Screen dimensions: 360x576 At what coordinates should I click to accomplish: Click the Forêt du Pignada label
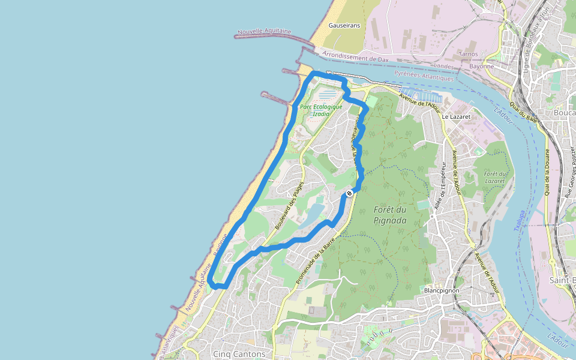point(390,215)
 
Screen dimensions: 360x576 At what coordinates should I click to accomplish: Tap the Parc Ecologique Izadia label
point(321,110)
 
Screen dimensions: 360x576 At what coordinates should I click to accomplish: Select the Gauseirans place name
point(344,25)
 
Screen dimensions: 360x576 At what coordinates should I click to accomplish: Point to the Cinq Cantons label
point(239,354)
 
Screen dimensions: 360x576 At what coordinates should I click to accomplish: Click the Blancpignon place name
point(441,290)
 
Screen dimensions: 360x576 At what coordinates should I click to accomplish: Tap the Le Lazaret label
point(454,116)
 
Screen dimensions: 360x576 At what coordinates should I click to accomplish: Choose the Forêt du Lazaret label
point(496,177)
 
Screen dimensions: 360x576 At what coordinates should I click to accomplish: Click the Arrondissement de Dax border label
point(356,58)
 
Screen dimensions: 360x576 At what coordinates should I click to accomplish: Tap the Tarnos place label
point(468,54)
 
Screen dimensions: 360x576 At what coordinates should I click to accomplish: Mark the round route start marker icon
point(349,194)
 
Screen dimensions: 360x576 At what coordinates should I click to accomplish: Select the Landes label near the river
point(443,65)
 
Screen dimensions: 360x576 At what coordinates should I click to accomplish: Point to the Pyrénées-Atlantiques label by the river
point(424,76)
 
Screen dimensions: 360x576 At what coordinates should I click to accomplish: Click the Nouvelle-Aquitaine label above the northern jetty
point(265,31)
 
